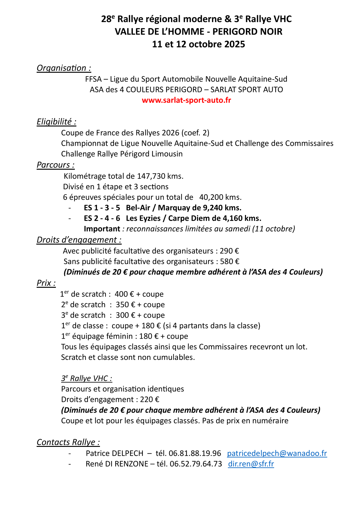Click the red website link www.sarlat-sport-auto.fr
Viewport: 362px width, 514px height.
click(x=186, y=100)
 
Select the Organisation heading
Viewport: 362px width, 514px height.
click(x=64, y=68)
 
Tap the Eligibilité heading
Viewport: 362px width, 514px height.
click(x=57, y=122)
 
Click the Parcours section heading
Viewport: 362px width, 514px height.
click(x=56, y=165)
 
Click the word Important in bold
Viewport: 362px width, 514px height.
click(x=102, y=229)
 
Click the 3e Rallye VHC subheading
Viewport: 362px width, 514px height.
click(x=87, y=379)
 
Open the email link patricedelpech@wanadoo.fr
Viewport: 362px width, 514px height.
click(x=277, y=453)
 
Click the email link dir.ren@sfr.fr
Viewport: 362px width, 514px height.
click(x=251, y=464)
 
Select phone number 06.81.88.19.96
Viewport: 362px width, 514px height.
click(x=195, y=453)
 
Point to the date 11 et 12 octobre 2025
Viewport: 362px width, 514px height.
click(x=198, y=44)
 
